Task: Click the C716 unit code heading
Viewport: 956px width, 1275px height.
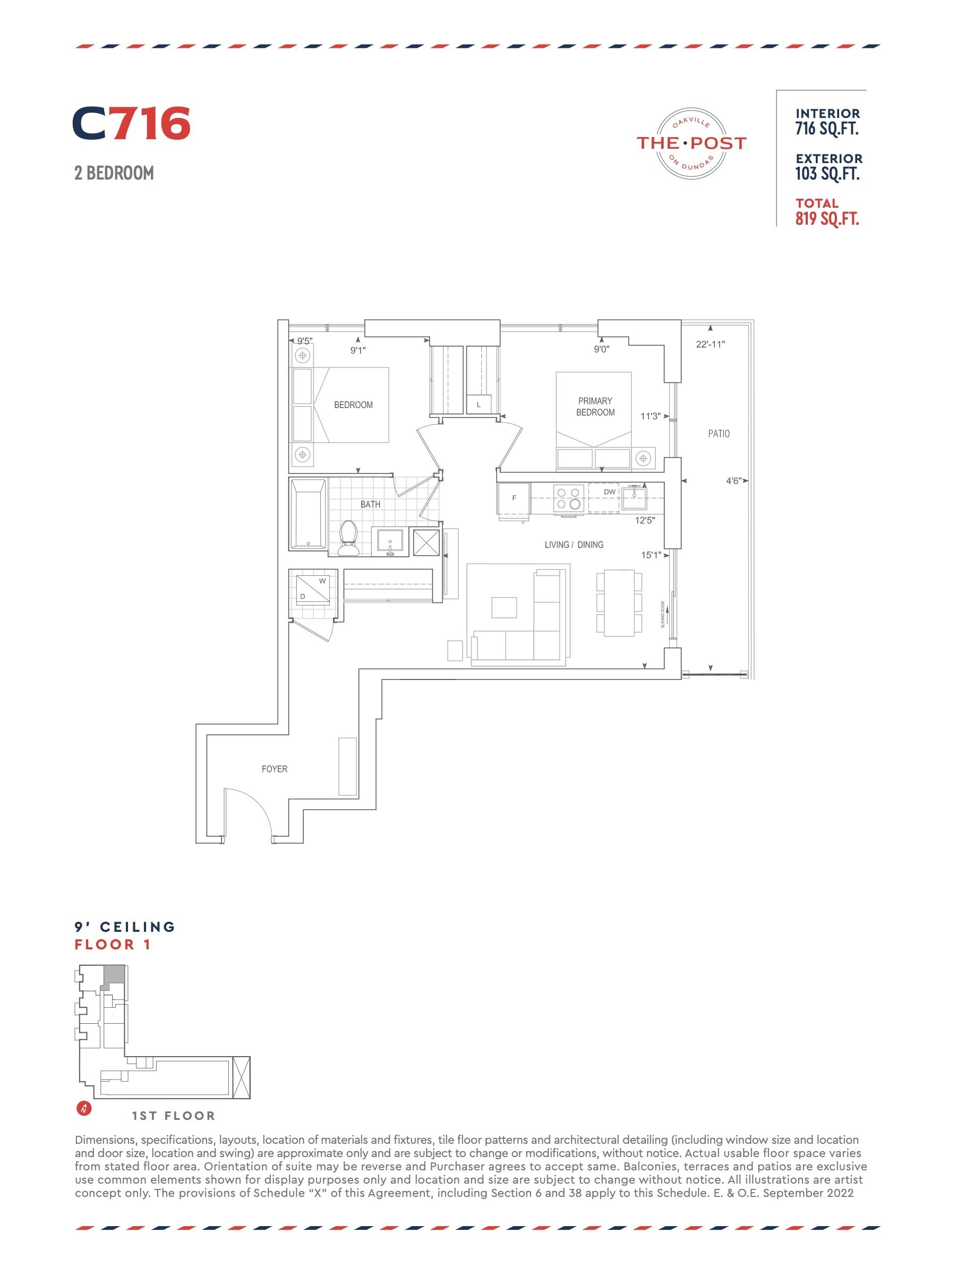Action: pos(131,123)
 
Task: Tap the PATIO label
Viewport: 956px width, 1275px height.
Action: pos(719,433)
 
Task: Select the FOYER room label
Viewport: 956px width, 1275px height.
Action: pos(274,769)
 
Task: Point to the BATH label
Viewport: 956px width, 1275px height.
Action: pos(371,504)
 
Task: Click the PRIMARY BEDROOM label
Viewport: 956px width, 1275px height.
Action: pos(595,406)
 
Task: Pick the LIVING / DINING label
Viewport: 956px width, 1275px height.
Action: pos(574,545)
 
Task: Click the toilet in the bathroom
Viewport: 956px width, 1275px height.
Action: pos(348,538)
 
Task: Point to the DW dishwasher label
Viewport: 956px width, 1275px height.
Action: pos(610,491)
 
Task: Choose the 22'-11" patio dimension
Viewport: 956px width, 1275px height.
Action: pos(711,344)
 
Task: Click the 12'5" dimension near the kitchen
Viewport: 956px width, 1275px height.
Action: pos(645,521)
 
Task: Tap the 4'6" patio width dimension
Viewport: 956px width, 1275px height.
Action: pos(733,481)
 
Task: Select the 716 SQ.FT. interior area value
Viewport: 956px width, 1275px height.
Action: pos(827,129)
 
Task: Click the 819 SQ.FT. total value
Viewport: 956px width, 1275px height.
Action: pos(827,219)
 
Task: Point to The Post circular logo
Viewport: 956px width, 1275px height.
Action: pos(691,143)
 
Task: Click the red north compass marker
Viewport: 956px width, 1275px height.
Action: pos(84,1108)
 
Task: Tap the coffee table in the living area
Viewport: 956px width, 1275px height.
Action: pos(503,607)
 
